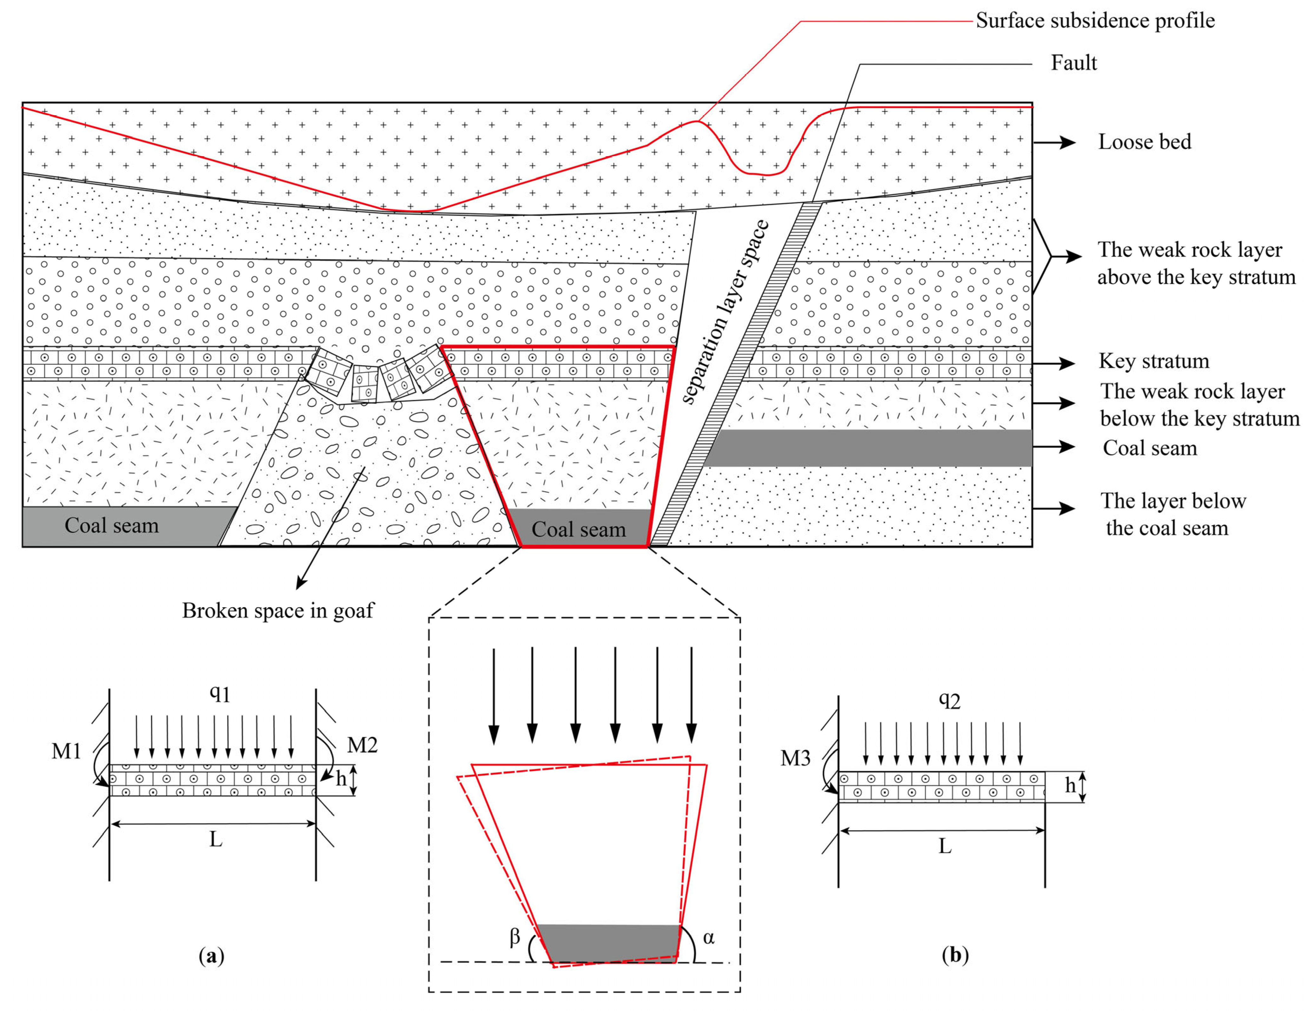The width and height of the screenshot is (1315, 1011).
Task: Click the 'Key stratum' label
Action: point(1153,361)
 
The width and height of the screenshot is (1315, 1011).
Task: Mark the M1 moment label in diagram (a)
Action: point(66,751)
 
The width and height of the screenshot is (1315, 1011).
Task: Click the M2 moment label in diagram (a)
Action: point(362,745)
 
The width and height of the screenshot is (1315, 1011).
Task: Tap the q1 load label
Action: point(220,694)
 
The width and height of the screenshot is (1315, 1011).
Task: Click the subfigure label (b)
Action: point(955,955)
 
